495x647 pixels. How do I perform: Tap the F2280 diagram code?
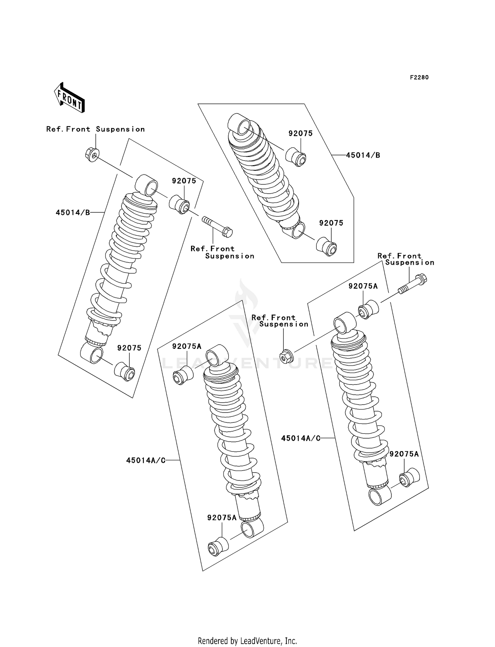coord(419,77)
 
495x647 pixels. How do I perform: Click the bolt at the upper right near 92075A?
coord(412,285)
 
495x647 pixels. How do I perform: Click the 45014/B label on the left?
coord(73,213)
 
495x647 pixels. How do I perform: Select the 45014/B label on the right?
coord(363,155)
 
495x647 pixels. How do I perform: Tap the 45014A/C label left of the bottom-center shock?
coord(146,460)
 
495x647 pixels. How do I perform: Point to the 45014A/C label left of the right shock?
coord(301,438)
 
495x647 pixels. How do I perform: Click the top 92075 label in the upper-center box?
coord(300,134)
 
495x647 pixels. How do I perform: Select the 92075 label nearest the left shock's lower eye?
coord(129,348)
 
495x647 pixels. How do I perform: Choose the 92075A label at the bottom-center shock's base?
coord(222,518)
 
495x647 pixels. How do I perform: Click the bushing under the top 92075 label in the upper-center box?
coord(296,157)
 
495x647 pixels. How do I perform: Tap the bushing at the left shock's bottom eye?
coord(124,372)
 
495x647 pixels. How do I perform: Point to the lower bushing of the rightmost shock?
coord(409,477)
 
